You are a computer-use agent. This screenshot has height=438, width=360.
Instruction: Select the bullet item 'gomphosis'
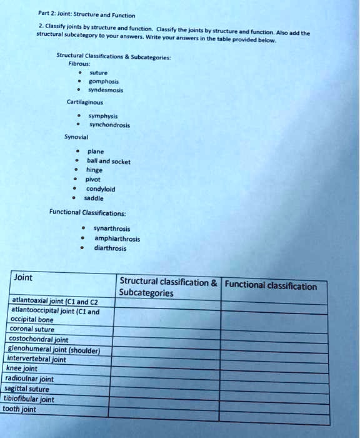coord(104,81)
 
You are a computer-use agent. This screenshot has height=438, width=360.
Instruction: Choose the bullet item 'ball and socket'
coord(109,161)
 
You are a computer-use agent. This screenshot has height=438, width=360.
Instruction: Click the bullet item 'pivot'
coord(94,178)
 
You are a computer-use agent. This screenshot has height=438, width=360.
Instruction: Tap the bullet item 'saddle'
coord(94,198)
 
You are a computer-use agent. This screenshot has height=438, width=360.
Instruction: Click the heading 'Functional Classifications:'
coord(87,212)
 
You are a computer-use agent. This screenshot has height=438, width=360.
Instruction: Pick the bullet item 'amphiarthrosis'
coord(117,238)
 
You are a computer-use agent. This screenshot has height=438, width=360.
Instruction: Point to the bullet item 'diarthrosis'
coord(110,248)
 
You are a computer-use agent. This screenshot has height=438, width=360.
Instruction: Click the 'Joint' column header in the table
coord(24,277)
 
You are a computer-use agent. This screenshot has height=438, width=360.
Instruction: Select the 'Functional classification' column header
coord(271,287)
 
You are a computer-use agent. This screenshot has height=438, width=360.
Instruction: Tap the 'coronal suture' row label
coord(32,328)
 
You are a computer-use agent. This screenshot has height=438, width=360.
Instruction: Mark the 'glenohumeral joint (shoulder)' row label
coord(53,350)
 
